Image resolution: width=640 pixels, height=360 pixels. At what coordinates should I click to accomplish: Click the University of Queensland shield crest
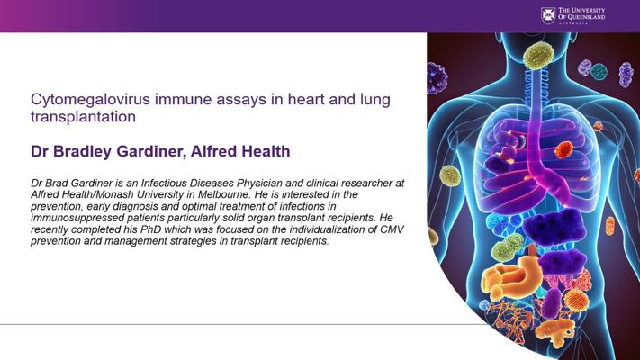(x=548, y=15)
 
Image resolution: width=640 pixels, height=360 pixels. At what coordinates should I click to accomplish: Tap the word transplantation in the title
(x=84, y=117)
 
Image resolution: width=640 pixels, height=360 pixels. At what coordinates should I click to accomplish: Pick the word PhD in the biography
(x=150, y=229)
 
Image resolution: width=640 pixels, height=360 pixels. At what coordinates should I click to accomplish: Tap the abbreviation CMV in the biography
(x=392, y=229)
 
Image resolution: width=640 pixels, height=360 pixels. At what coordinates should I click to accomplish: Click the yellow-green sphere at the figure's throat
(x=538, y=56)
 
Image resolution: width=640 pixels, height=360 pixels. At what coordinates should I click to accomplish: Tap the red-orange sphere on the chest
(x=564, y=149)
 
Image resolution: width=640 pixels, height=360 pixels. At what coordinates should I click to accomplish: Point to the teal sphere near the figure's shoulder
(x=599, y=72)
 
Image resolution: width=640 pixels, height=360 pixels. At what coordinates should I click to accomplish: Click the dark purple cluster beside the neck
(x=437, y=78)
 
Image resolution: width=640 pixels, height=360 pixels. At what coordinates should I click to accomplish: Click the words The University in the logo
(x=581, y=10)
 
